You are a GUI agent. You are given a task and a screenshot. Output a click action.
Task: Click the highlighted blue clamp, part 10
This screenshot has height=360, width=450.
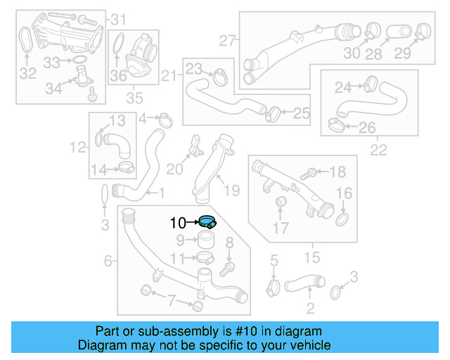[207, 222]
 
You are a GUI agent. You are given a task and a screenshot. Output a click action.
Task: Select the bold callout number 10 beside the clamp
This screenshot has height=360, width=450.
[178, 224]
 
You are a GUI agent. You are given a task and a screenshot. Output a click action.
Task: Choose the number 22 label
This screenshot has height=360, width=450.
[378, 149]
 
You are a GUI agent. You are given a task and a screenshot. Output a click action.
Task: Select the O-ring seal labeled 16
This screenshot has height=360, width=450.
[343, 222]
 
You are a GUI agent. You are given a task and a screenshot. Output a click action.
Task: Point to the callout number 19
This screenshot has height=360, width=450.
[232, 189]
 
